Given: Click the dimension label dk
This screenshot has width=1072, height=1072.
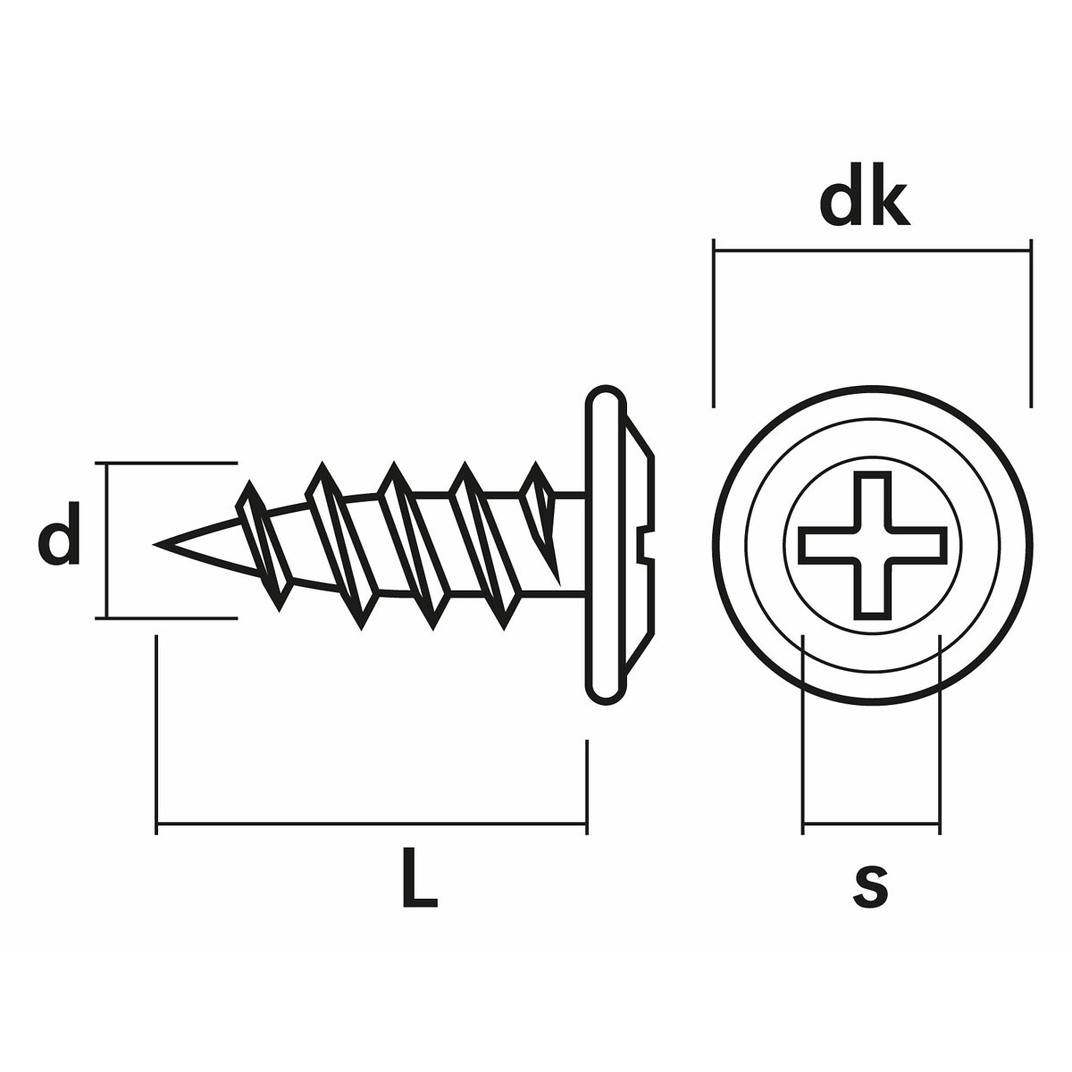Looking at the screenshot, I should (x=864, y=204).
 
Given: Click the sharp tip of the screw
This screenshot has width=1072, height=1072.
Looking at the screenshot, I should (x=157, y=544).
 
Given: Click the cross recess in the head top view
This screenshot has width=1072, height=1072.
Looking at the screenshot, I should (x=872, y=545).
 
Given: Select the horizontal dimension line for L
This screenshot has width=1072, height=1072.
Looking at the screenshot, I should (x=371, y=823).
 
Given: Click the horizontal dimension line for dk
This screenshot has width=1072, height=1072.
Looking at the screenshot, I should (x=872, y=252).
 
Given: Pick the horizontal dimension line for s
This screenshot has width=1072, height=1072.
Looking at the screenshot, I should (x=871, y=824).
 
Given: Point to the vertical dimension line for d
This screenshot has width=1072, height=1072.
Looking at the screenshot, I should (x=107, y=540).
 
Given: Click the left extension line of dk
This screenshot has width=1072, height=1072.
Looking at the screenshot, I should (x=714, y=322).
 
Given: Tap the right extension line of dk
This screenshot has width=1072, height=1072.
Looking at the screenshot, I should (x=1031, y=322).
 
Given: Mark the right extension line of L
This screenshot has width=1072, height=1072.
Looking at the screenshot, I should (x=586, y=786).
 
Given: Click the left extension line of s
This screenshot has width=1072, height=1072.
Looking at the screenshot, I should (x=803, y=733).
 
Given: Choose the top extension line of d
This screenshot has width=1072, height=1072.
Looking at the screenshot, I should (x=170, y=464).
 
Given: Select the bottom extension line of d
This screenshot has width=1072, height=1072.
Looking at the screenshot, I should (x=170, y=616).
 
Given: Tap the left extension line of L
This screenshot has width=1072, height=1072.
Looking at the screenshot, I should (x=157, y=733).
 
